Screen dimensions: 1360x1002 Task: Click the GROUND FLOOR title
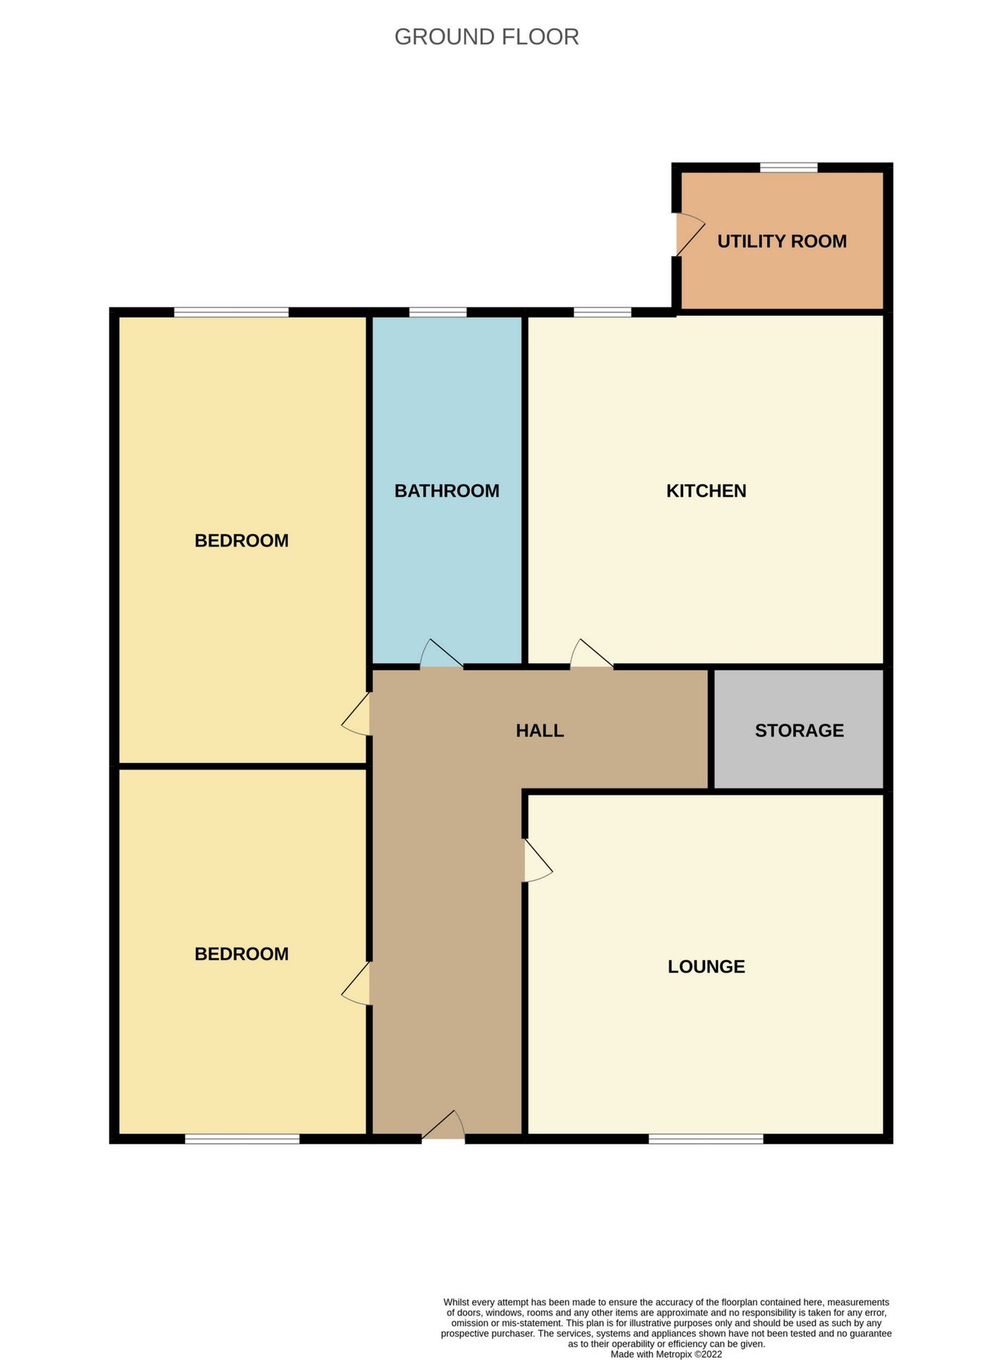coord(487,37)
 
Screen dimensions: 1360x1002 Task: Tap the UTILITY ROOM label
coord(781,242)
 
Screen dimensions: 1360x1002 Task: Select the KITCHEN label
coord(706,491)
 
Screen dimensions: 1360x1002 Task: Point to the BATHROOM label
coord(447,491)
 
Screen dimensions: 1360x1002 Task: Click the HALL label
coord(540,731)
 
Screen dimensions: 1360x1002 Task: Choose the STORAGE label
coord(799,731)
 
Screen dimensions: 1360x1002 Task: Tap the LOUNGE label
coord(706,966)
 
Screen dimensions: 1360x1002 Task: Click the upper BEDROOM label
coord(241,541)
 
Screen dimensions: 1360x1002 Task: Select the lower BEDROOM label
coord(241,954)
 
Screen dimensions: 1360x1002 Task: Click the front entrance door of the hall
coord(444,1127)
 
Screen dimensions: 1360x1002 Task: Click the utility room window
coord(788,167)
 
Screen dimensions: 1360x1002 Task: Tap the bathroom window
coord(438,312)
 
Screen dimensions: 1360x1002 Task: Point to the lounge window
coord(706,1139)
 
